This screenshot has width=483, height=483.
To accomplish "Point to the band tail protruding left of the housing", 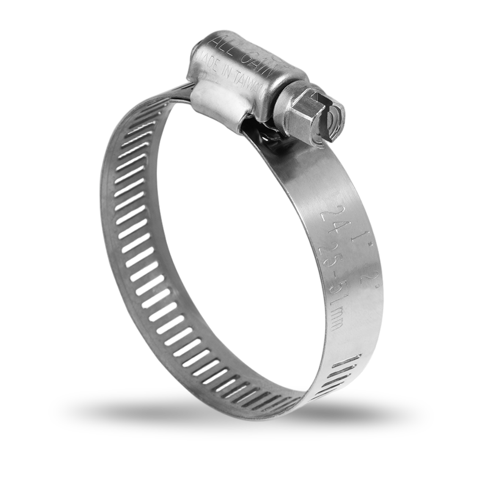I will (x=182, y=92).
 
